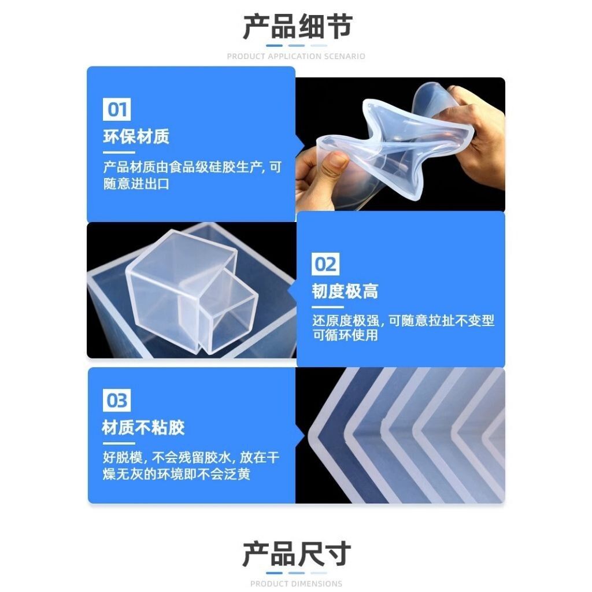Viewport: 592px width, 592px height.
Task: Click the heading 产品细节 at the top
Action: click(x=298, y=27)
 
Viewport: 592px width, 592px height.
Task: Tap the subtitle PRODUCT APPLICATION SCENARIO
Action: click(x=296, y=56)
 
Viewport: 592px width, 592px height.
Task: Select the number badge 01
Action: click(x=117, y=109)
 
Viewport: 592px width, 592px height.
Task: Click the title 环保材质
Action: click(x=136, y=136)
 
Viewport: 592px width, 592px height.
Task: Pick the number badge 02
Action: click(x=325, y=264)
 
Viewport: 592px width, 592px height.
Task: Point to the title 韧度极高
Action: click(x=345, y=291)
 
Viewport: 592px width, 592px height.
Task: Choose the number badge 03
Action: click(x=117, y=400)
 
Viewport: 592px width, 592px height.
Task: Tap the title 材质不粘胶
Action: click(x=143, y=427)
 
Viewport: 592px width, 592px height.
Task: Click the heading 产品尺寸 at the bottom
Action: click(x=297, y=554)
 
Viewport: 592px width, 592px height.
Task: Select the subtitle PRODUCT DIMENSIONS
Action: click(x=296, y=584)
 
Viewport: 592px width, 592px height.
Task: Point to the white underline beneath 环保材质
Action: click(x=119, y=153)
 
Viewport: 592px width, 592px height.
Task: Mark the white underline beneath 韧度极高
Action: click(x=328, y=307)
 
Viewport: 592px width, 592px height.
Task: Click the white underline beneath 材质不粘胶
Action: click(x=119, y=443)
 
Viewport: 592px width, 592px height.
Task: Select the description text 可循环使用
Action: click(x=345, y=335)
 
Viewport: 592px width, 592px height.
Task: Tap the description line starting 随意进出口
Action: click(x=136, y=184)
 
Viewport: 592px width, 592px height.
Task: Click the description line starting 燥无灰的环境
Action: click(x=176, y=474)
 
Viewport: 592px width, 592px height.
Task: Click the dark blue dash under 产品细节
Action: click(x=274, y=46)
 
